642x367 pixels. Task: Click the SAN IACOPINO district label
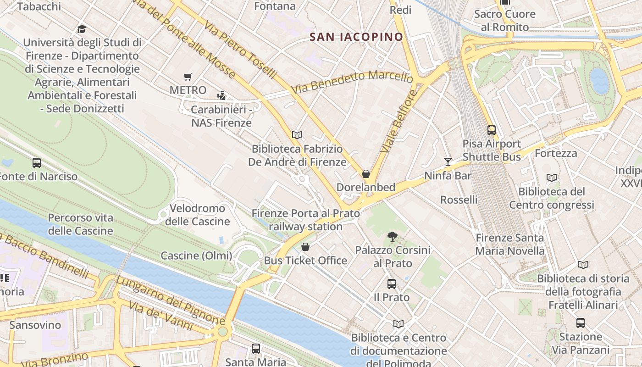(x=356, y=37)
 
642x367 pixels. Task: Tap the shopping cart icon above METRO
(x=188, y=77)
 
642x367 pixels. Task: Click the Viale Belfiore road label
(x=398, y=122)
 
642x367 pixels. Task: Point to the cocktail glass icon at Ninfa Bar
(x=448, y=162)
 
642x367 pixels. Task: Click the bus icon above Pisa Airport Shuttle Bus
(x=492, y=130)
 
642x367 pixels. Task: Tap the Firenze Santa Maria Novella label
(x=509, y=244)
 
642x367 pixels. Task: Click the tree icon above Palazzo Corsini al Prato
(x=392, y=237)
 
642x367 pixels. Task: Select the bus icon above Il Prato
(x=391, y=284)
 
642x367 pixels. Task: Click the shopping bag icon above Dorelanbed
(x=366, y=174)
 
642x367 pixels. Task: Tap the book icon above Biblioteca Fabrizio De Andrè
(x=297, y=135)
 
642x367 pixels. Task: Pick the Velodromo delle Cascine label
(x=197, y=215)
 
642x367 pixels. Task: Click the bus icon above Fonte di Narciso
(x=37, y=163)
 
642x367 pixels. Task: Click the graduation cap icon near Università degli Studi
(x=82, y=29)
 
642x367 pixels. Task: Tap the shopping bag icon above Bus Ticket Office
(x=305, y=247)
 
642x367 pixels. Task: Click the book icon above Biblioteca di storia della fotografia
(x=583, y=265)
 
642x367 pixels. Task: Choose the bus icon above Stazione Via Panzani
(x=581, y=323)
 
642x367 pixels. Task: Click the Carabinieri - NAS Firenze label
(x=221, y=116)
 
